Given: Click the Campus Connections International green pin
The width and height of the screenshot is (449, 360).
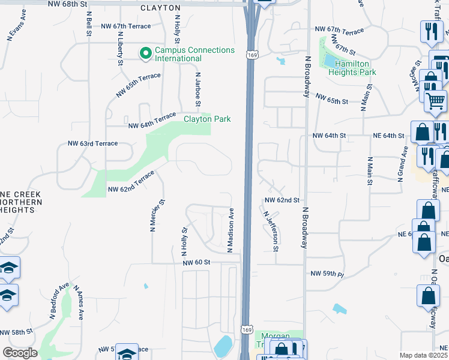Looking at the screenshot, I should click(x=145, y=54).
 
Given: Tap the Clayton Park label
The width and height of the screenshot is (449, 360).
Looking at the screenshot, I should click(x=207, y=119).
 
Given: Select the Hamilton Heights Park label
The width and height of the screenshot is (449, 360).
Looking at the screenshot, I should click(x=356, y=68).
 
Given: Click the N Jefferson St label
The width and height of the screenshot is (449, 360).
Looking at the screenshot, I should click(x=271, y=230).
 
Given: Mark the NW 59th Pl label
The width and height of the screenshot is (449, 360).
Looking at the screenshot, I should click(x=327, y=274).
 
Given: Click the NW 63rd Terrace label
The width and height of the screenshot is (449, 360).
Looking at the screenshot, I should click(x=92, y=143).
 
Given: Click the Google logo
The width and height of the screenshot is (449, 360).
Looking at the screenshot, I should click(x=20, y=353).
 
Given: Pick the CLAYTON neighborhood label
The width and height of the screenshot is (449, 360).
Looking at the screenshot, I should click(x=160, y=8).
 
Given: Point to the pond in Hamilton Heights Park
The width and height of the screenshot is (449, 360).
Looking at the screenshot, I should click(x=331, y=60).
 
